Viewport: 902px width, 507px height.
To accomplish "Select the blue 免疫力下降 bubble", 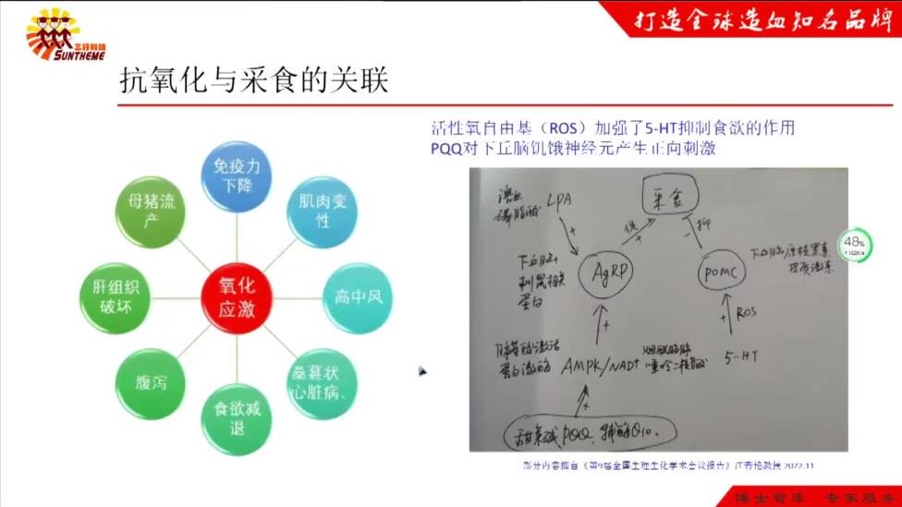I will (x=236, y=178).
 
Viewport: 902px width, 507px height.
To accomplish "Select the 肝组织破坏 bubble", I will (x=113, y=297).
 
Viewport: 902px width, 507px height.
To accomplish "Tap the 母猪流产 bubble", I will (x=148, y=211).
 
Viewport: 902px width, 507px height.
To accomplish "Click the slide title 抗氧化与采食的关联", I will (x=253, y=81).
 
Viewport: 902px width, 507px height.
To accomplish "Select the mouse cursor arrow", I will (x=421, y=371).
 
